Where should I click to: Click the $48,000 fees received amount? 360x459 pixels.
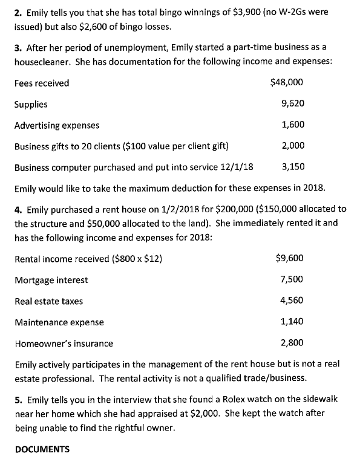tap(287, 83)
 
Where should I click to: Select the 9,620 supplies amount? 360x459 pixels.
tap(293, 103)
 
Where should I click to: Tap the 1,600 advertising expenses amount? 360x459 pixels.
tap(293, 125)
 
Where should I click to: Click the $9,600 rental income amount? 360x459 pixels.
tap(289, 258)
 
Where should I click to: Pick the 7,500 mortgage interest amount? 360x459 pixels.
tap(292, 279)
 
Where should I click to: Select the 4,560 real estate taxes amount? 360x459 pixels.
tap(292, 301)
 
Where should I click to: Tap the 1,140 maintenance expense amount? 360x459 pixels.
tap(292, 322)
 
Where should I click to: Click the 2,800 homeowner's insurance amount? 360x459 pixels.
tap(292, 343)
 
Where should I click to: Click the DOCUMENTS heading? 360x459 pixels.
tap(42, 449)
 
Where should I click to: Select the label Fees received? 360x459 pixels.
tap(42, 83)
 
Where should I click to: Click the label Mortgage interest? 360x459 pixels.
tap(51, 280)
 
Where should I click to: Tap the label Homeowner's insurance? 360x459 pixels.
tap(64, 343)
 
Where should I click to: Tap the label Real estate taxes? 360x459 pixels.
tap(48, 301)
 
